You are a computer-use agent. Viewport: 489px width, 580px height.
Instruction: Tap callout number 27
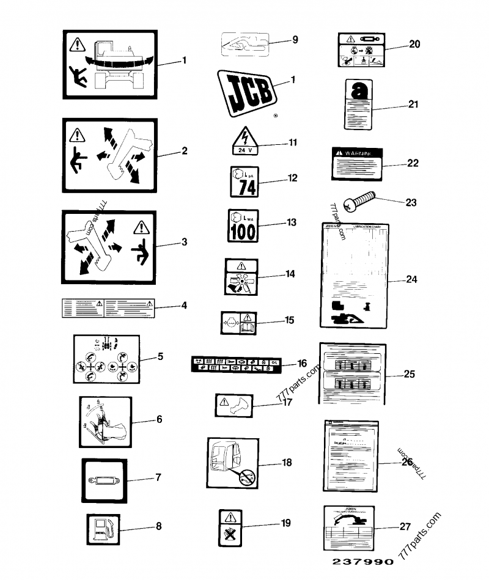pyautogui.click(x=405, y=526)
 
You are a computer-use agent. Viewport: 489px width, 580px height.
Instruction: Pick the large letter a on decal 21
pyautogui.click(x=358, y=91)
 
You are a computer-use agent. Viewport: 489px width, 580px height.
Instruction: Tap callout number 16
pyautogui.click(x=302, y=363)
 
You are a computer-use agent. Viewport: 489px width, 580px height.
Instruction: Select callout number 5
pyautogui.click(x=160, y=356)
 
